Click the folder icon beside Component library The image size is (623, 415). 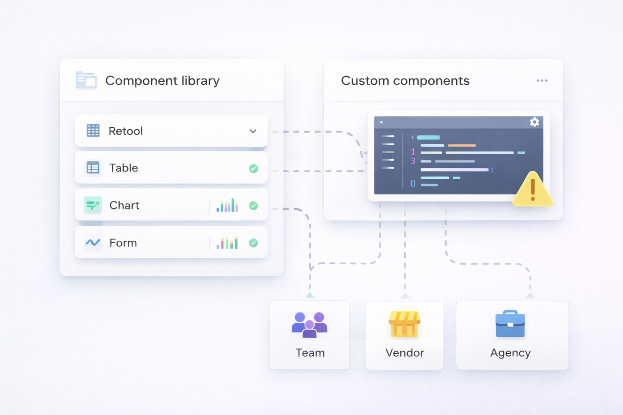tap(86, 80)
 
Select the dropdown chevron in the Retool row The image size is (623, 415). tap(253, 131)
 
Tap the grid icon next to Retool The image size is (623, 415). tap(93, 130)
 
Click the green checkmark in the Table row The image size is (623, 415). tap(253, 168)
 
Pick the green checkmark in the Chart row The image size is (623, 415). tap(253, 205)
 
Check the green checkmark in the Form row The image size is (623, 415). tap(253, 243)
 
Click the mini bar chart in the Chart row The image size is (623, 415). tap(227, 205)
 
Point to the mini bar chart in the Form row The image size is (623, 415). tap(227, 243)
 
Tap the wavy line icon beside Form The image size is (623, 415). tap(93, 242)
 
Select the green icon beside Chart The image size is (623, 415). tap(93, 205)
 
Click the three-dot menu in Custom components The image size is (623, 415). tap(542, 81)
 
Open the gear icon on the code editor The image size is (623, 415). tap(535, 122)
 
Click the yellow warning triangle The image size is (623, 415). tap(533, 190)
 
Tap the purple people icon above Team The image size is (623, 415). tap(309, 324)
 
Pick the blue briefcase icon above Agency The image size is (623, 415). tap(510, 324)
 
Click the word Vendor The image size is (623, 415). tap(405, 353)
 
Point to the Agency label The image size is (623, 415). tap(510, 353)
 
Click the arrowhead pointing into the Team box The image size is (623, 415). tap(310, 295)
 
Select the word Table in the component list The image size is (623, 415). tap(124, 168)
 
